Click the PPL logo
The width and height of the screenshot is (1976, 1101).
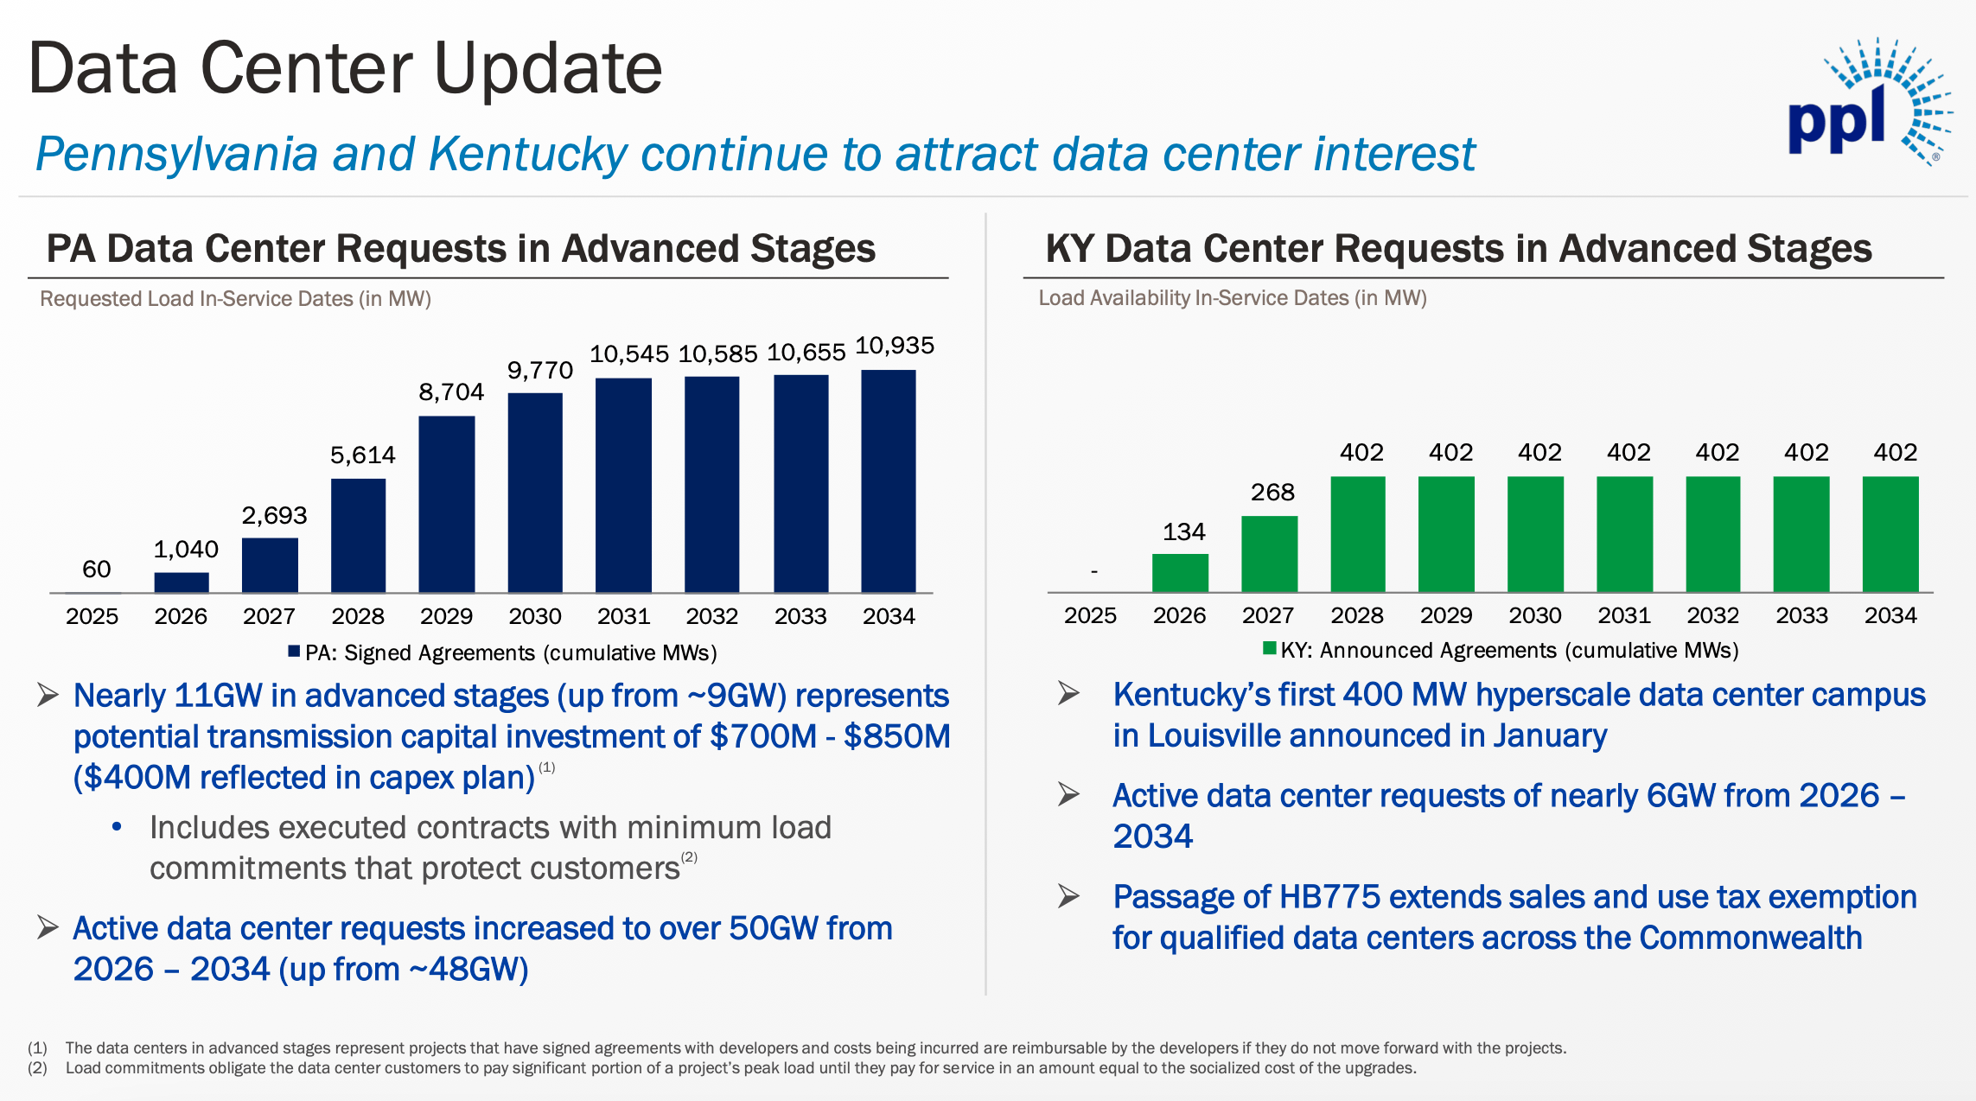pos(1867,104)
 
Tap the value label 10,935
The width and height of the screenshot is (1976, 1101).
pos(895,346)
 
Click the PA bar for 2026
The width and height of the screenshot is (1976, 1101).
pos(182,582)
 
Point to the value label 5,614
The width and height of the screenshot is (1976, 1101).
pos(363,455)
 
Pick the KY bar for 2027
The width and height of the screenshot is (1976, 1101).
pos(1269,554)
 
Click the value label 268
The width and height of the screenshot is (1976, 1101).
pos(1272,493)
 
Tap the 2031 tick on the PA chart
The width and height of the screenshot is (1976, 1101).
pos(623,616)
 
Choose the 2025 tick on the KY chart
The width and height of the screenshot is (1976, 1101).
pos(1090,615)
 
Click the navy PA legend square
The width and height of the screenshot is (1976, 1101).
pos(294,652)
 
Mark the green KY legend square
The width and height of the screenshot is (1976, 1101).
pos(1270,648)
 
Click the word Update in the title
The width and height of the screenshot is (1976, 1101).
pos(547,69)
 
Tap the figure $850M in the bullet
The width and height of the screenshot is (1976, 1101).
pos(896,736)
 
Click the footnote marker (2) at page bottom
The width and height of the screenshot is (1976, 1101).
pos(37,1068)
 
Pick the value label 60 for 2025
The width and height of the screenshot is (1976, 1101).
pos(97,570)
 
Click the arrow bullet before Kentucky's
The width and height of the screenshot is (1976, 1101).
pos(1069,693)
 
